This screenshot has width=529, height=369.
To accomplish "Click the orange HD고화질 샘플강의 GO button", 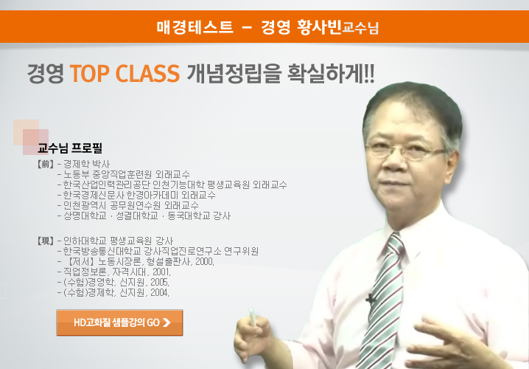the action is [x=119, y=323].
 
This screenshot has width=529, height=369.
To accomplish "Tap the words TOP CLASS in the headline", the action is [x=125, y=73].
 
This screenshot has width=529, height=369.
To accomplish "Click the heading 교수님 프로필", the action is [x=70, y=148].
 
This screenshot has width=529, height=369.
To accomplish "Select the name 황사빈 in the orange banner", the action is [x=319, y=27].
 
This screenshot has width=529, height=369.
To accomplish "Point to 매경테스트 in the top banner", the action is [x=195, y=27].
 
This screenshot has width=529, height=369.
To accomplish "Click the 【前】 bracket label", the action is [x=45, y=165].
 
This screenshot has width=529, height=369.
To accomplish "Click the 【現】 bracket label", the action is [x=45, y=241].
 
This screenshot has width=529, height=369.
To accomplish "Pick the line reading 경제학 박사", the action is [x=87, y=165].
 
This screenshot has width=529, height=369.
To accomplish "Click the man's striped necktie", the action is [x=382, y=301].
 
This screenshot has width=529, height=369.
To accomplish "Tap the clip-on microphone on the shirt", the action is [x=371, y=299].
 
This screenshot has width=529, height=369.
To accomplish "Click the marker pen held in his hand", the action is [x=253, y=317].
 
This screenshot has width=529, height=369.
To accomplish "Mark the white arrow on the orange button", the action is [x=167, y=323].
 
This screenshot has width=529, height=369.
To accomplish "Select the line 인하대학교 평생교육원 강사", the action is [x=118, y=241].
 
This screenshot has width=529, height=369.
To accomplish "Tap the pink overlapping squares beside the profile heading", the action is [x=31, y=137].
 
